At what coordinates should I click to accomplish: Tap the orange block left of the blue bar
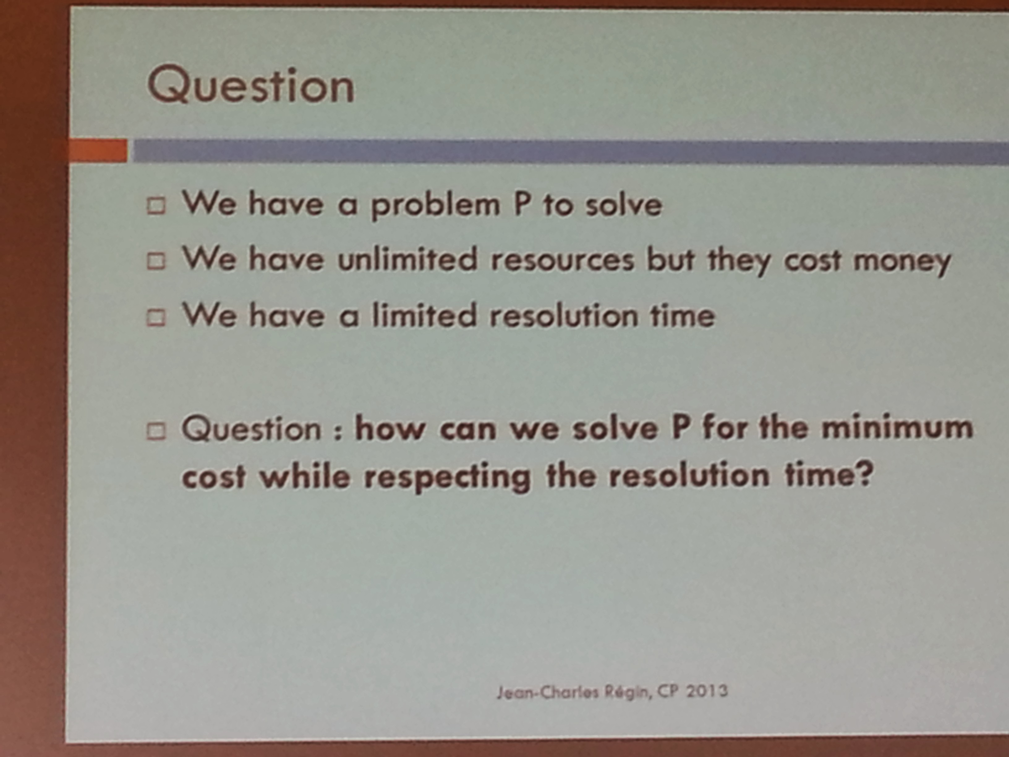[98, 150]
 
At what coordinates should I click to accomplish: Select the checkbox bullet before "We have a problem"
[156, 206]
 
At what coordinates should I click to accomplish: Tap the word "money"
[902, 262]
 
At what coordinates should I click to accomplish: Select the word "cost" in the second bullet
[812, 261]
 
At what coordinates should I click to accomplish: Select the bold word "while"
[304, 476]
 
